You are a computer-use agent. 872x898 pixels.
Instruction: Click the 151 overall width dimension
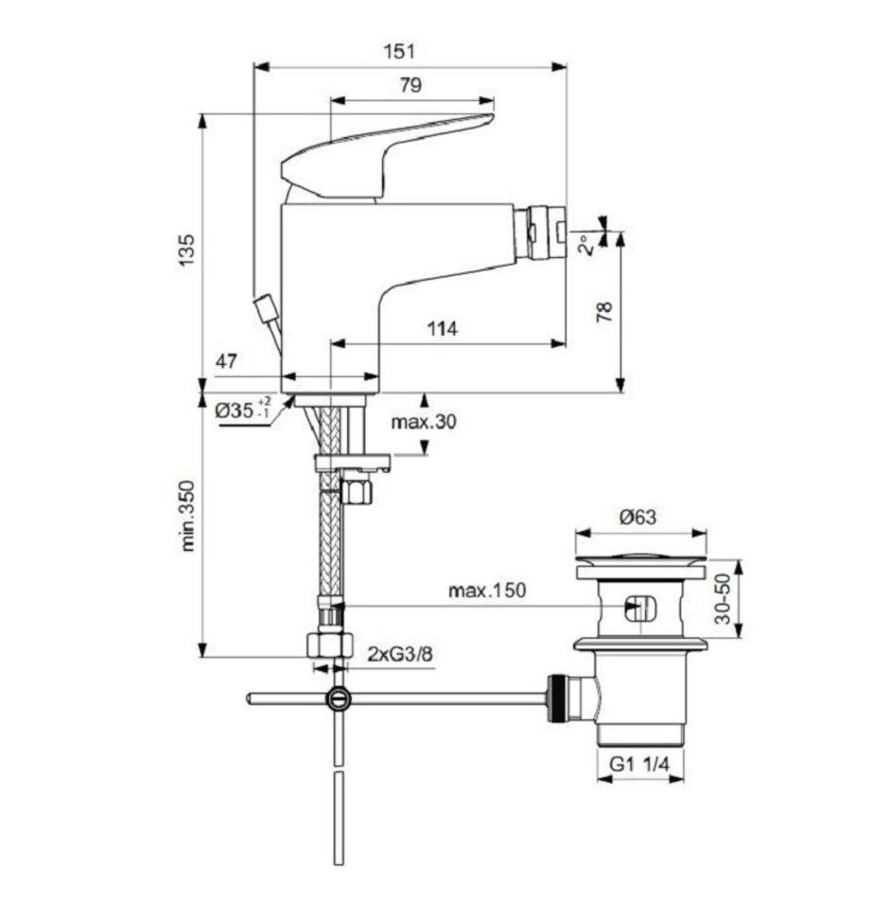[x=399, y=52]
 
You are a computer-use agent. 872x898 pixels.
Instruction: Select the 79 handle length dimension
[x=410, y=85]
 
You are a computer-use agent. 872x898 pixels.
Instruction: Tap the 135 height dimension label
[x=187, y=250]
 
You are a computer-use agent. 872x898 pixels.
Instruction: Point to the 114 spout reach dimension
[x=443, y=329]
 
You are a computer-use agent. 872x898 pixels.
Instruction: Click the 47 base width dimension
[x=226, y=361]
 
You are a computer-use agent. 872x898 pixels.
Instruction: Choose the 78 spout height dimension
[x=604, y=312]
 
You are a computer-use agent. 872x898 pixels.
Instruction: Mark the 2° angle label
[x=585, y=245]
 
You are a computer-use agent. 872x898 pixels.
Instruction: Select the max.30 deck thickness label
[x=424, y=423]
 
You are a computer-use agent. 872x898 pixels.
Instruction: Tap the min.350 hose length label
[x=187, y=516]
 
